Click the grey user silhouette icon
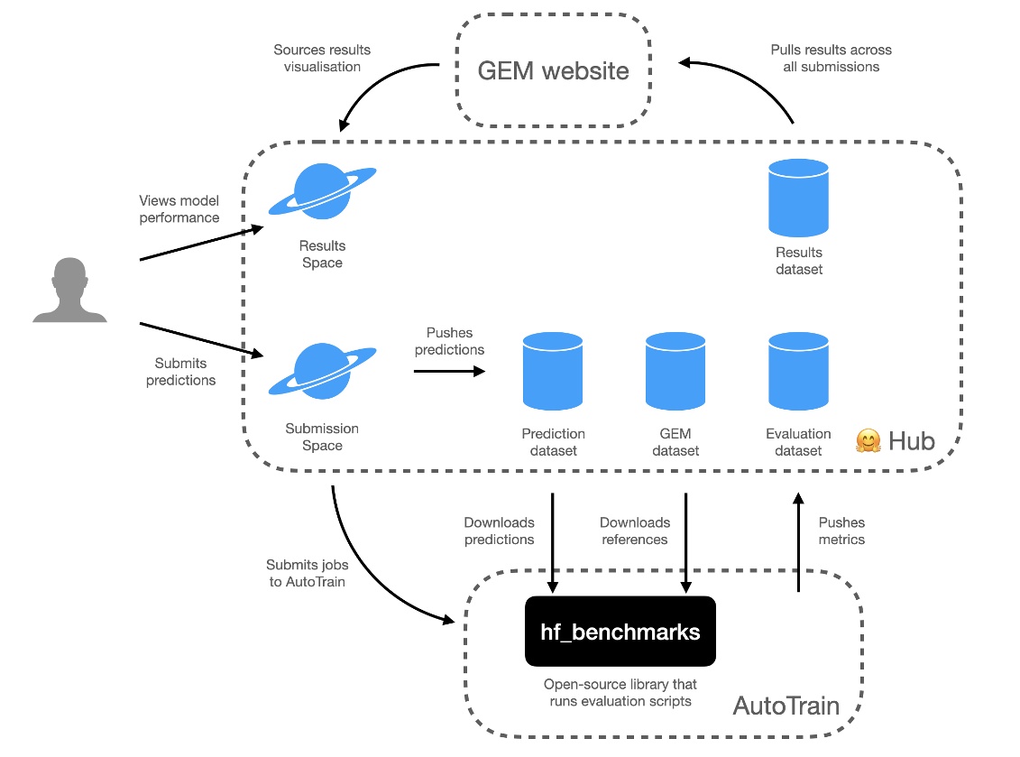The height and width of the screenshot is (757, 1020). coord(70,290)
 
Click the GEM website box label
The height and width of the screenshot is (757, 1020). coord(553,70)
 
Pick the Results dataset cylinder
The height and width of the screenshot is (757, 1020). coord(798,198)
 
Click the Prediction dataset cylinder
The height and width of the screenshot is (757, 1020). coord(553,371)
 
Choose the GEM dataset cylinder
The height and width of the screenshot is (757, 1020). coord(675,371)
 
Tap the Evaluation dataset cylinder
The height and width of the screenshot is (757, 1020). coord(798,371)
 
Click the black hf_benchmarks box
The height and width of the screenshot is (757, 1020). coord(620,632)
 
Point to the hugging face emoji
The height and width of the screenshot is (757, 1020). coord(868,442)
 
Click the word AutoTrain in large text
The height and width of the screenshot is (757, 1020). coord(786,705)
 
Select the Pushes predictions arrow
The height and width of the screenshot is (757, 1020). coord(449,370)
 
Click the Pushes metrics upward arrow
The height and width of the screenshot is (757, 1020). coord(797,541)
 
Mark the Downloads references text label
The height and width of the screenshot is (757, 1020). coord(635,531)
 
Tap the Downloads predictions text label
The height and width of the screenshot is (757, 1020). coord(499,531)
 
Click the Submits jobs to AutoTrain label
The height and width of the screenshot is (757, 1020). coord(307,573)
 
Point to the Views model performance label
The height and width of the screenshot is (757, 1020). coord(179,208)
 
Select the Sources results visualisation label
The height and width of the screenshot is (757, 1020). coord(322,58)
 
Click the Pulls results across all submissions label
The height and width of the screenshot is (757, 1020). coord(831,58)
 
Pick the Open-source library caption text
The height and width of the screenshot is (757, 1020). coord(620,693)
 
